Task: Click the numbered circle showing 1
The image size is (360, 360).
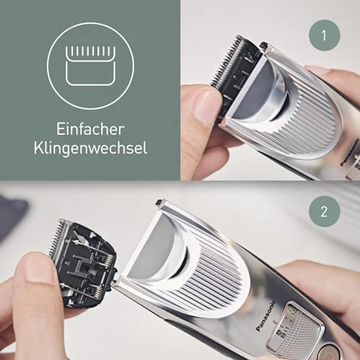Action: click(x=324, y=35)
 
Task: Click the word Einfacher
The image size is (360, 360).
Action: click(x=90, y=130)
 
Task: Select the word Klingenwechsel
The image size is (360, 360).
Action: click(x=90, y=148)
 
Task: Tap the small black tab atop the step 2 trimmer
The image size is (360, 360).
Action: click(x=158, y=202)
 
